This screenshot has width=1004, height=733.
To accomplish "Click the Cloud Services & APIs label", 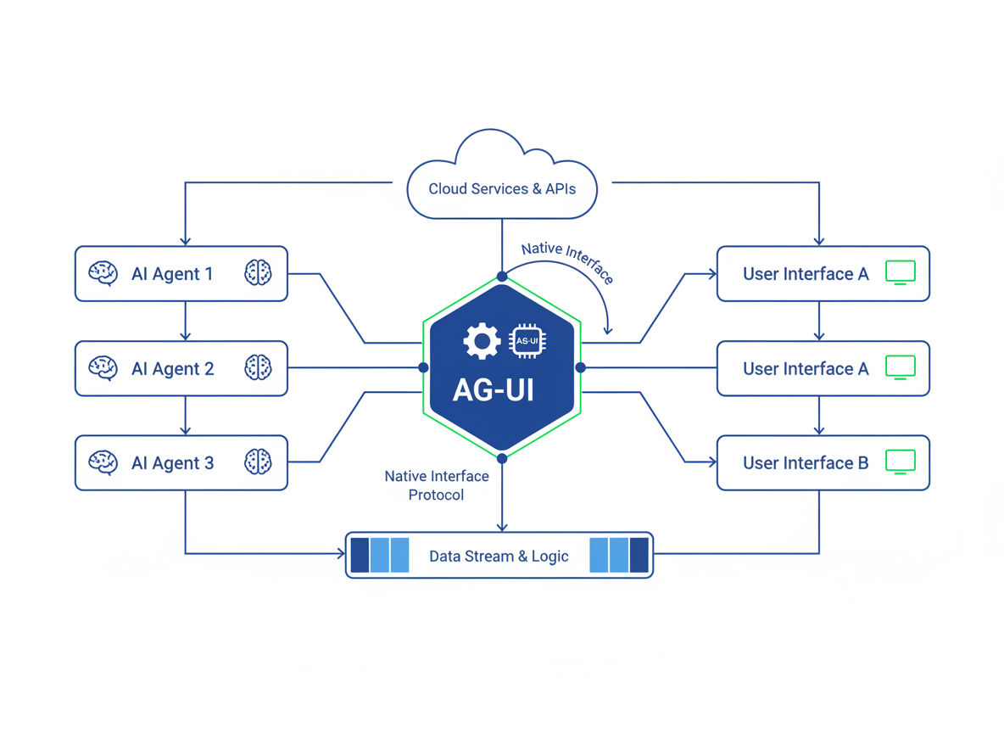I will (502, 189).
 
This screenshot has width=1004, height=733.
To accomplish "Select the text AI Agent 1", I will (172, 274).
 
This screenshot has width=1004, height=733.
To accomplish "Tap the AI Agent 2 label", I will (172, 369).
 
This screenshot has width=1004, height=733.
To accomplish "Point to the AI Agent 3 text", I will (172, 463).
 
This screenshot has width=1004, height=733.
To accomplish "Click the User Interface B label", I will (806, 463).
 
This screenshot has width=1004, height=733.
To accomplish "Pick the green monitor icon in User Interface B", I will (900, 461).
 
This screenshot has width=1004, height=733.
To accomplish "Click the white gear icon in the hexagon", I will (482, 341).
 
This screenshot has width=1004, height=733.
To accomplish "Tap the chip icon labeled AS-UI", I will (527, 341).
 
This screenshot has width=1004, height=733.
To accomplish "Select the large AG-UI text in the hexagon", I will (494, 389).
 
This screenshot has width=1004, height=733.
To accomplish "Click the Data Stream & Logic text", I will (499, 557).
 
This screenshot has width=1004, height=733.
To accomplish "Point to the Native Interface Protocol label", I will (437, 485).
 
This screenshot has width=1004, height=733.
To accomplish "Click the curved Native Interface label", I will (566, 262).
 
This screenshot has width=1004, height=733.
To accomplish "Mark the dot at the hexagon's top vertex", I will (502, 277).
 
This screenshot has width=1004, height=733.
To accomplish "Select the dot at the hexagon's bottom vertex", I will (502, 458).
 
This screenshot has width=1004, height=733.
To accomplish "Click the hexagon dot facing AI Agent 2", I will (423, 367).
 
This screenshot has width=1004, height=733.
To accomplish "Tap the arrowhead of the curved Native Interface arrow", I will (608, 330).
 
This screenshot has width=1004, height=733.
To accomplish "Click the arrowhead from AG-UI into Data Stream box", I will (502, 527).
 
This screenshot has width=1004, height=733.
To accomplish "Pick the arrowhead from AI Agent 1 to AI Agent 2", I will (186, 336).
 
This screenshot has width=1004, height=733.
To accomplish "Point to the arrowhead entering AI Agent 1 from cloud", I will (186, 241).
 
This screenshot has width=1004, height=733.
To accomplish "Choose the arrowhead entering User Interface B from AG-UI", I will (712, 462).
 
